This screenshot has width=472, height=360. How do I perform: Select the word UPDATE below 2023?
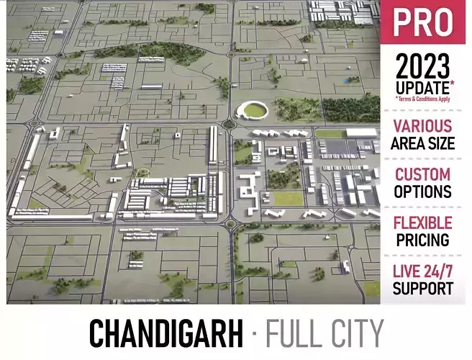click(420, 88)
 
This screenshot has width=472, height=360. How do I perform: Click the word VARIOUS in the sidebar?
click(423, 127)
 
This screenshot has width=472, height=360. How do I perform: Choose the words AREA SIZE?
click(423, 143)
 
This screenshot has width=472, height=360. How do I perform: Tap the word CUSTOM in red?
click(423, 175)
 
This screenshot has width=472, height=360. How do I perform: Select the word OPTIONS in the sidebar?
click(423, 192)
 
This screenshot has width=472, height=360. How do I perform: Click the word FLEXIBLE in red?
click(423, 223)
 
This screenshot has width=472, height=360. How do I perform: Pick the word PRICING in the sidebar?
click(423, 240)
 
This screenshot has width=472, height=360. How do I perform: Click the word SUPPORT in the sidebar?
click(423, 289)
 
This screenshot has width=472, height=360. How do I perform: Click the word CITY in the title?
click(357, 334)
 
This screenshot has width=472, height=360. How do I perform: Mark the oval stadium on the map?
click(254, 111)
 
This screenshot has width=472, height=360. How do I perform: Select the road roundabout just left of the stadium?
click(230, 124)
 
